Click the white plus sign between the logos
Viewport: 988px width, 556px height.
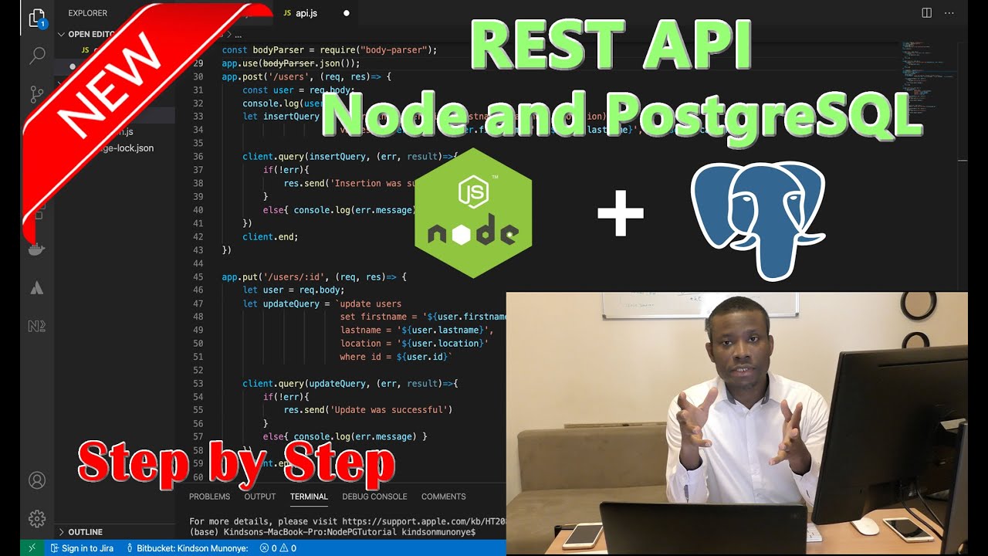621,212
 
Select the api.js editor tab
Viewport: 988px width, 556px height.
306,13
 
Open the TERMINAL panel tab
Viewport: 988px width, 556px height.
309,497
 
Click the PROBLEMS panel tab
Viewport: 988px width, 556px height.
209,497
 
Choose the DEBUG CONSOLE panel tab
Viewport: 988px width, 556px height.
374,497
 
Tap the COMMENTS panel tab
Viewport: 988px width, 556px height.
443,497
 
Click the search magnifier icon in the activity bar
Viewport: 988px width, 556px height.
37,56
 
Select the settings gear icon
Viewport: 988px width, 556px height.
37,517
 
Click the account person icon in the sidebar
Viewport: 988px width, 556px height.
37,480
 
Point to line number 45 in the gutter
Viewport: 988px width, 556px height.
198,277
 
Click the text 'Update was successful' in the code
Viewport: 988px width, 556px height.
389,410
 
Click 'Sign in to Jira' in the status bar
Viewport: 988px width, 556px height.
87,548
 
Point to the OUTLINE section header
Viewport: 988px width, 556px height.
85,532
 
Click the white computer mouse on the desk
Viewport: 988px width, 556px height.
865,526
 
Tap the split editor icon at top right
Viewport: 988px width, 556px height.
926,13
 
